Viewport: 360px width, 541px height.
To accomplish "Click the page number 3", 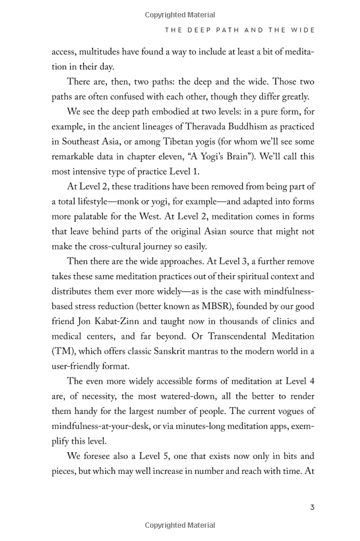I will coord(312,507).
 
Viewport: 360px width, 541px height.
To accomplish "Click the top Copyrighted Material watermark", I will coord(180,15).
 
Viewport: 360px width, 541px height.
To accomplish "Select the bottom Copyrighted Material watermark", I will coord(180,525).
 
